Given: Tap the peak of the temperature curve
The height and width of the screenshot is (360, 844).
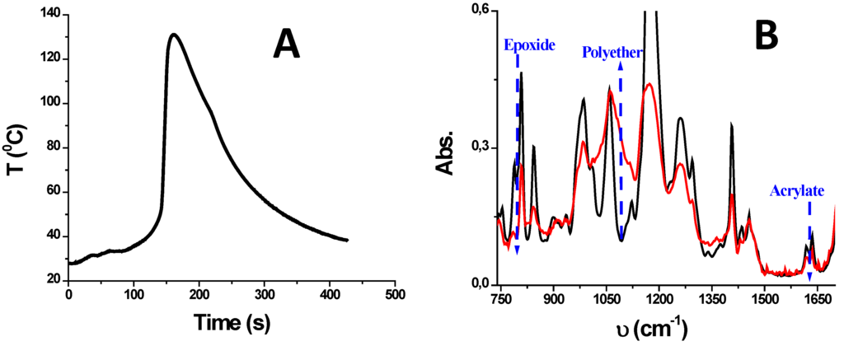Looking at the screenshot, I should [173, 35].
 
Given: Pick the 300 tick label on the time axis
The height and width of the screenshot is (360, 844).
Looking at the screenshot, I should [264, 295].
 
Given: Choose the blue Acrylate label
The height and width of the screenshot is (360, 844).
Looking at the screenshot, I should [796, 191].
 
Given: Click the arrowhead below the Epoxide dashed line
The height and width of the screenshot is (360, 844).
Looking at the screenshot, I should [517, 249].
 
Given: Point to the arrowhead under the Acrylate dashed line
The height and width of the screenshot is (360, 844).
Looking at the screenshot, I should [809, 276].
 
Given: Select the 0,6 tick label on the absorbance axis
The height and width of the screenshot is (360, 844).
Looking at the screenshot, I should [480, 10].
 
